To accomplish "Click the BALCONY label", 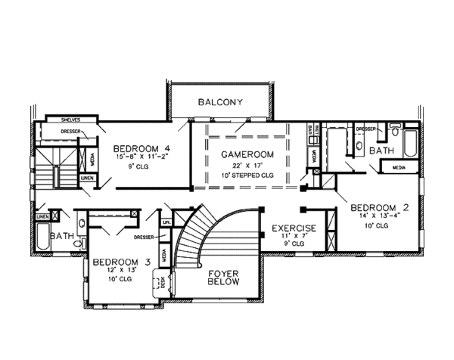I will click(x=220, y=101).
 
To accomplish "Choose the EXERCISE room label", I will click(x=294, y=228).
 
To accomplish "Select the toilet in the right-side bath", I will click(x=394, y=131).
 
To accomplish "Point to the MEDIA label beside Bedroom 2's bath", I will click(x=399, y=166).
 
